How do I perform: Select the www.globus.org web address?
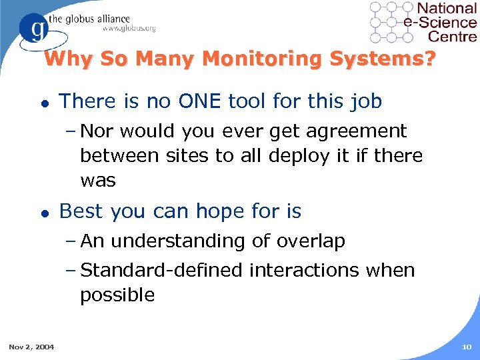pos(129,28)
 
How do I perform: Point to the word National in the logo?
pos(447,10)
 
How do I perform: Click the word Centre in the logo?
pos(453,37)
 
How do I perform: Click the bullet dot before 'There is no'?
pos(43,103)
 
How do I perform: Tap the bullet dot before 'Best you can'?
pos(43,213)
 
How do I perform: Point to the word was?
pos(98,180)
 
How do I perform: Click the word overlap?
pos(309,241)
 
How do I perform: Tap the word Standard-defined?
pos(162,270)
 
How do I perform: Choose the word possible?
pos(117,295)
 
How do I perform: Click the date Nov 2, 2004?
pos(32,346)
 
